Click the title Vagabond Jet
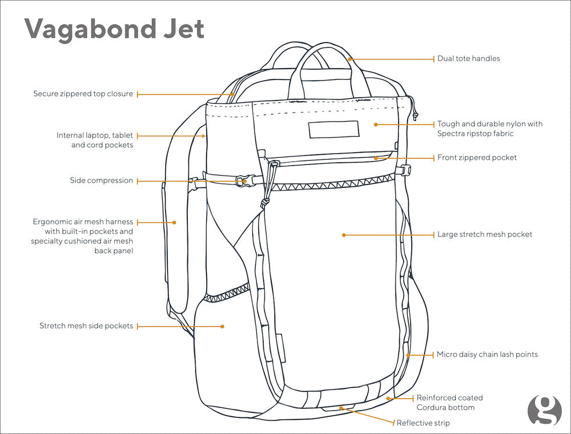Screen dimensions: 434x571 pyautogui.click(x=114, y=29)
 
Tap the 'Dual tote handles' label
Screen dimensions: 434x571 pyautogui.click(x=468, y=59)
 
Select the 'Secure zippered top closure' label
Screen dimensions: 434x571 pyautogui.click(x=83, y=94)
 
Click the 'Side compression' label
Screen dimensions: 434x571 pyautogui.click(x=102, y=180)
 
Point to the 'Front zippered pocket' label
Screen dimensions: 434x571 pyautogui.click(x=477, y=157)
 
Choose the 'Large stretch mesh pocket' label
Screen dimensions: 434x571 pyautogui.click(x=485, y=234)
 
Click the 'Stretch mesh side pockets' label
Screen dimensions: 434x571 pyautogui.click(x=86, y=326)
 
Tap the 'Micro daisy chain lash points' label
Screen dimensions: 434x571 pyautogui.click(x=487, y=355)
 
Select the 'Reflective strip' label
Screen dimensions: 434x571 pyautogui.click(x=423, y=423)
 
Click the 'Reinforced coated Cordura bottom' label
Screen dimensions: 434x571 pyautogui.click(x=449, y=403)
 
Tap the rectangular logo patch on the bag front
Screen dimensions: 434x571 pyautogui.click(x=333, y=130)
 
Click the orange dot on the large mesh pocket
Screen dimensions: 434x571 pyautogui.click(x=344, y=235)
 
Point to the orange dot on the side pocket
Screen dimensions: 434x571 pyautogui.click(x=223, y=326)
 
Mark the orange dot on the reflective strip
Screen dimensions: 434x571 pyautogui.click(x=341, y=408)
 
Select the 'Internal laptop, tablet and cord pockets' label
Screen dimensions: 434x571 pyautogui.click(x=95, y=140)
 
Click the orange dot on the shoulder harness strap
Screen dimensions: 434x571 pyautogui.click(x=175, y=222)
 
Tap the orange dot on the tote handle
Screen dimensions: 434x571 pyautogui.click(x=349, y=58)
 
